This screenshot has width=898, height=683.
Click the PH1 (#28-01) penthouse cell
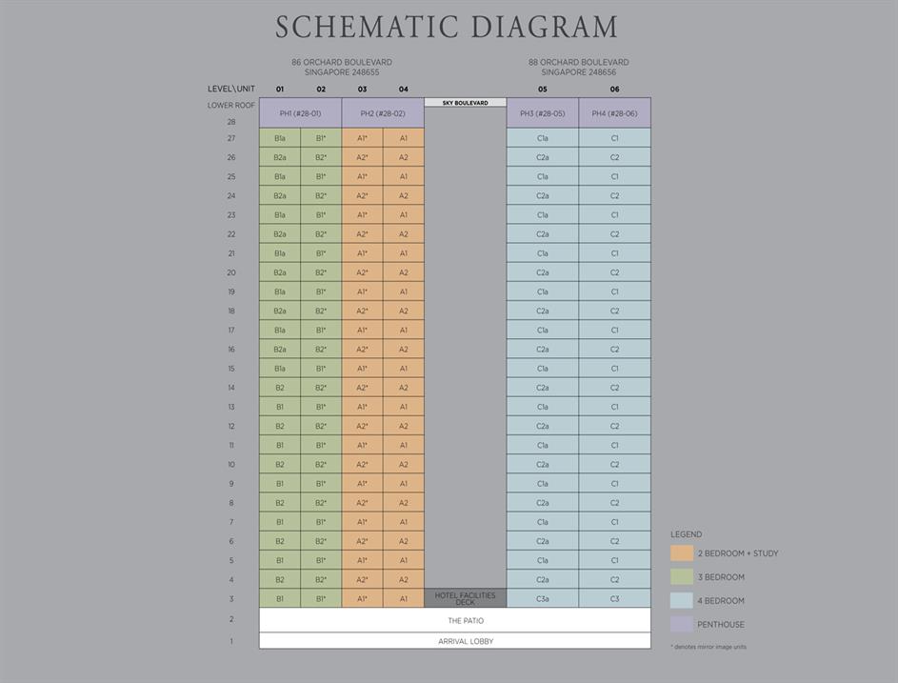300,113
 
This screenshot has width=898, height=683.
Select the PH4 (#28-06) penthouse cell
614,113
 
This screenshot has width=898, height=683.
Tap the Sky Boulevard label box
465,103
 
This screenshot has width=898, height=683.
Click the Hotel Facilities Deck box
465,598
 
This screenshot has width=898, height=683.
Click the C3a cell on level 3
542,598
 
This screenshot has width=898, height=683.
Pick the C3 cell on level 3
614,598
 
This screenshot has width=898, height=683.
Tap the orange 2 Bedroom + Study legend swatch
682,553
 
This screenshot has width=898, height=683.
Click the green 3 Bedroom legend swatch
682,577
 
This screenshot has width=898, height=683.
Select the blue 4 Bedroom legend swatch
682,601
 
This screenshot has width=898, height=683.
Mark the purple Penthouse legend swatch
682,625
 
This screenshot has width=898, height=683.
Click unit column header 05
542,90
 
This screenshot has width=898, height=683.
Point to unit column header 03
362,90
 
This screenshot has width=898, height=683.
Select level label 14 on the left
230,388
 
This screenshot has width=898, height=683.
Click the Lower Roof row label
231,105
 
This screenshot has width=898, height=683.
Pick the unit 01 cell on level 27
280,138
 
